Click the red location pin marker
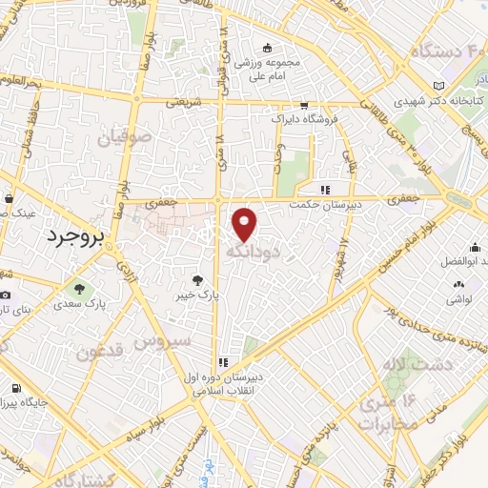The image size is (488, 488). pos(245,224)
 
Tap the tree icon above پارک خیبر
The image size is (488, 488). pos(197,280)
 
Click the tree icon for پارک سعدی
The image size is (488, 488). pos(79,288)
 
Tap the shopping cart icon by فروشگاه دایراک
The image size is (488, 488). pos(303,105)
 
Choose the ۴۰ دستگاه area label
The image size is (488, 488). pos(448,51)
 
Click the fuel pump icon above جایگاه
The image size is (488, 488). pos(15,389)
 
